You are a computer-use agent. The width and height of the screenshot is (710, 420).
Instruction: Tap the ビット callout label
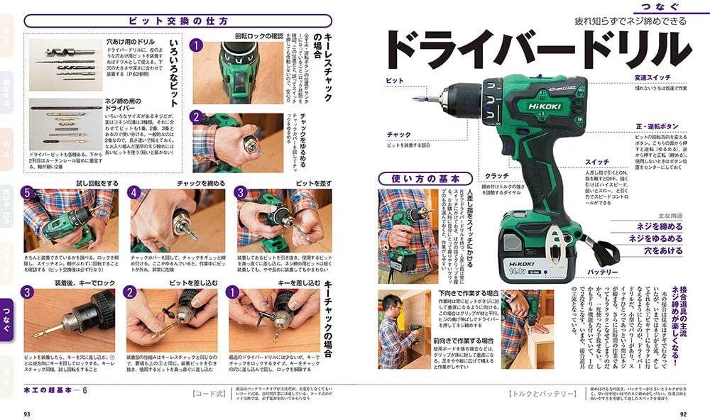(394, 82)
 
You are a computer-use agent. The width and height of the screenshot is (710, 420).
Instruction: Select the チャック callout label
(398, 134)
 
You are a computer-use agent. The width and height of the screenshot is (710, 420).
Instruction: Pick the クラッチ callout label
(496, 175)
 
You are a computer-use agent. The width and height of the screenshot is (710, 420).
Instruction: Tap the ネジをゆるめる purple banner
(650, 238)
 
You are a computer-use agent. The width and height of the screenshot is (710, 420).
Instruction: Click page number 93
(27, 414)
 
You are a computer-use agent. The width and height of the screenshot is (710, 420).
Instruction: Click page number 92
(683, 414)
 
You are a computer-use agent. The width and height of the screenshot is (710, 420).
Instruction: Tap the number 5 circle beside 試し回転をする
(27, 193)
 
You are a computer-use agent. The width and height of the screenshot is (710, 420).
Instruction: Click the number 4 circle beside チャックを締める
(133, 193)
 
